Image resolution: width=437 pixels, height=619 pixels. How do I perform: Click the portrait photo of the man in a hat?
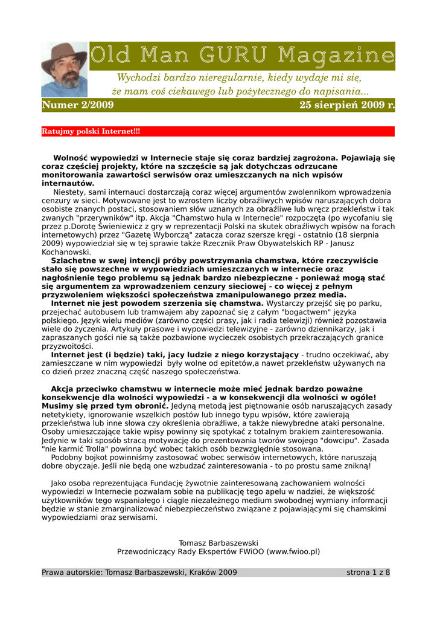click(63, 69)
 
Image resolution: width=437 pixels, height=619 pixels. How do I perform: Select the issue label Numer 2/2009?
click(77, 106)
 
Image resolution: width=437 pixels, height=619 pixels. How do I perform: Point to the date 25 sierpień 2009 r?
click(347, 106)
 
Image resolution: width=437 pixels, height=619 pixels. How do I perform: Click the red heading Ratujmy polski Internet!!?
click(91, 131)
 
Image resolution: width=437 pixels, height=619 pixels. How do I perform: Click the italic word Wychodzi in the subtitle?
click(138, 78)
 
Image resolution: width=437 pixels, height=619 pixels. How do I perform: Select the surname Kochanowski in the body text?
click(66, 252)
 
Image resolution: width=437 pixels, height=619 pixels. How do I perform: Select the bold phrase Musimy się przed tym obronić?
click(104, 406)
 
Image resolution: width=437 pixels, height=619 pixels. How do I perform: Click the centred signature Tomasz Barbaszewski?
click(218, 543)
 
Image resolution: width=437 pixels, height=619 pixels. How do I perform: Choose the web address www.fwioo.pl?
click(292, 552)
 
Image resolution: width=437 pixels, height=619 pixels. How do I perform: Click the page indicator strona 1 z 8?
click(368, 572)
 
